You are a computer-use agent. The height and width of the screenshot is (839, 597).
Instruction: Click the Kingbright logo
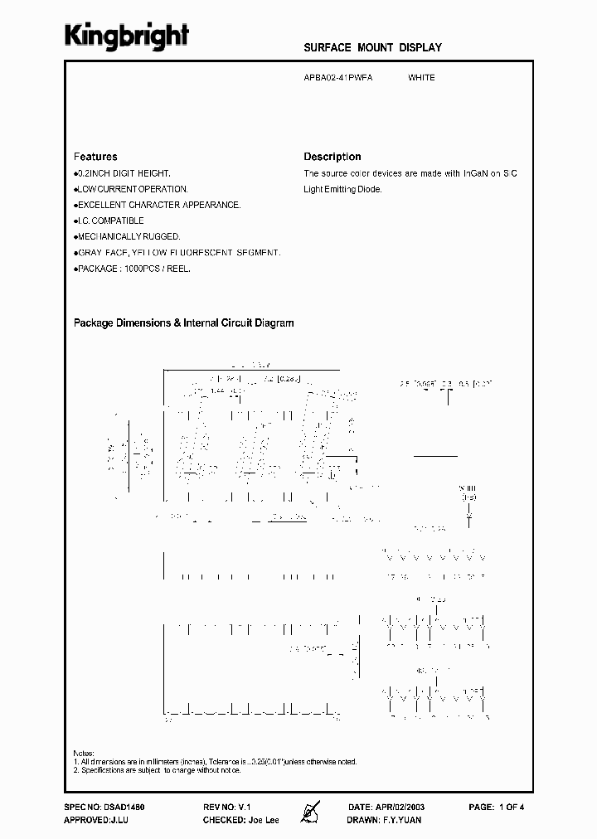(x=127, y=36)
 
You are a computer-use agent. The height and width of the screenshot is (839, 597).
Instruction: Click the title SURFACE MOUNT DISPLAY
(x=372, y=48)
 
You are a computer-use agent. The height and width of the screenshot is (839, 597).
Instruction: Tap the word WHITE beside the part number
(x=421, y=78)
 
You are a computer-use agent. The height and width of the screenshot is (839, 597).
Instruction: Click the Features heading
(x=95, y=157)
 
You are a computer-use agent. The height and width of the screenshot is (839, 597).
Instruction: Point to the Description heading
(x=332, y=157)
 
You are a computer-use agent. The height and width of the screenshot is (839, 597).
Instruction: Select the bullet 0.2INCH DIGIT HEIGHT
(x=124, y=173)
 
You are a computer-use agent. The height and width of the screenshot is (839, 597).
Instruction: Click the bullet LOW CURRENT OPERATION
(x=133, y=189)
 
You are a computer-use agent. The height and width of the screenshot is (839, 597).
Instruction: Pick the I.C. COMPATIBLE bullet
(x=110, y=221)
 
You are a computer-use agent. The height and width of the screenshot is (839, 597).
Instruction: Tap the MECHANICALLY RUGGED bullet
(x=129, y=236)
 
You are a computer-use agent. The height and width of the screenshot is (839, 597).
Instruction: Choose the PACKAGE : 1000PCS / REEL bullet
(x=133, y=269)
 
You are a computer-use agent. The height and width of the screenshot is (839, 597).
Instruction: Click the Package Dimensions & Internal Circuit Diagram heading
(x=184, y=323)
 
